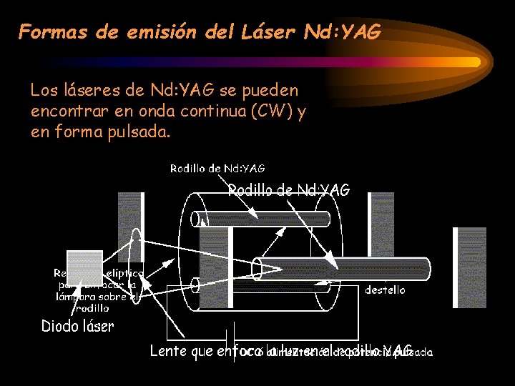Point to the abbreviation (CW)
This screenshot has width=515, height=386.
275,112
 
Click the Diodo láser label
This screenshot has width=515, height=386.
77,327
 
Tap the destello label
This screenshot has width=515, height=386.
385,290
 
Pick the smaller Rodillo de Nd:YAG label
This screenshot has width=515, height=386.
217,169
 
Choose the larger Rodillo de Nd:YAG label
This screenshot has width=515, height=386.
288,190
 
